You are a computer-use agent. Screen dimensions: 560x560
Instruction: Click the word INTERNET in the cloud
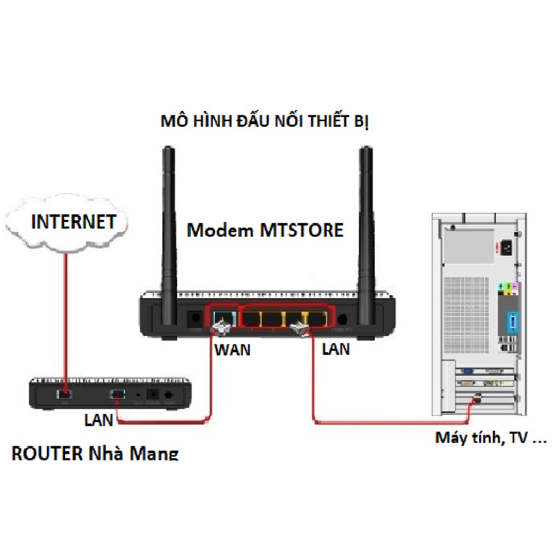[74, 221]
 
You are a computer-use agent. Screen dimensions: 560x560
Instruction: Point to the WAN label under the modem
[232, 349]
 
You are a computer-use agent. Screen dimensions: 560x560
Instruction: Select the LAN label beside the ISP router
[98, 420]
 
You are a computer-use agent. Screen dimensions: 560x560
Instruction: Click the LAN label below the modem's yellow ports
[336, 348]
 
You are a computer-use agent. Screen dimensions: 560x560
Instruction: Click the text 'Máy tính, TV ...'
[491, 438]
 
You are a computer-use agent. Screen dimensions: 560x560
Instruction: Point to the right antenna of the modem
[365, 219]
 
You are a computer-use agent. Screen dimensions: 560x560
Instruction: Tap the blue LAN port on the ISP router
[118, 393]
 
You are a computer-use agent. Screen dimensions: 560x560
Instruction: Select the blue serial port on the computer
[513, 322]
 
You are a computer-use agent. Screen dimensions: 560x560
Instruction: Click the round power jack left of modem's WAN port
[193, 318]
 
